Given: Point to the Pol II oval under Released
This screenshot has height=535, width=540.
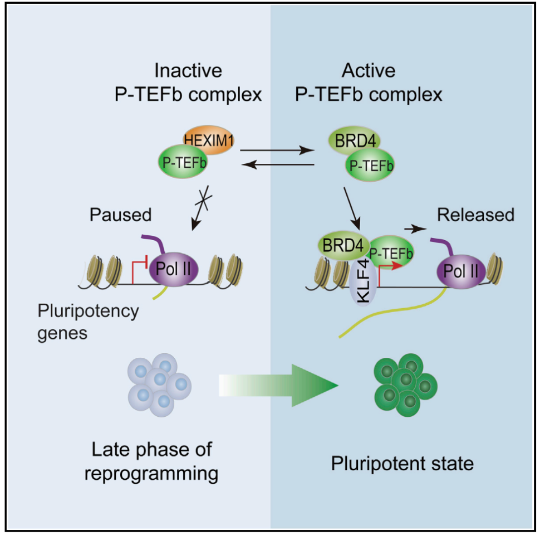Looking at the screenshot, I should click(459, 271).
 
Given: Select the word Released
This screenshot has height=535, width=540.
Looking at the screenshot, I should click(475, 215).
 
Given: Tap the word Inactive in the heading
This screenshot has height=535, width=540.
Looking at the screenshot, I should click(188, 71).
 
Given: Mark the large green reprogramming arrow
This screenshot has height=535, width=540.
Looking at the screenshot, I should click(278, 385).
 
